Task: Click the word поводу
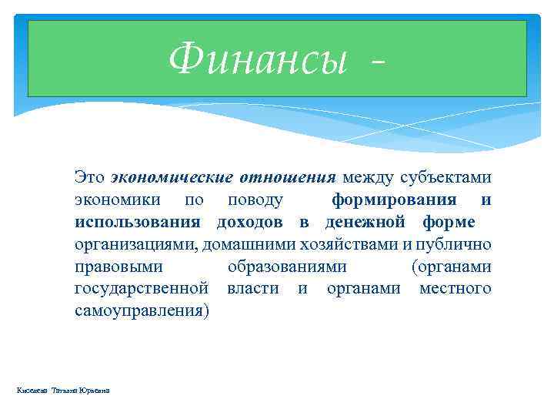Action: coord(255,200)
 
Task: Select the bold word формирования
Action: coord(395,200)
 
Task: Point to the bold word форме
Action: coord(449,223)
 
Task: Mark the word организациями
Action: coord(135,245)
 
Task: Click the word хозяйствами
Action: coord(332,245)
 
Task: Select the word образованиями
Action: coord(287,267)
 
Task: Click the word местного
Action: coord(455,289)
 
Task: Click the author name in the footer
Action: coord(63,391)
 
